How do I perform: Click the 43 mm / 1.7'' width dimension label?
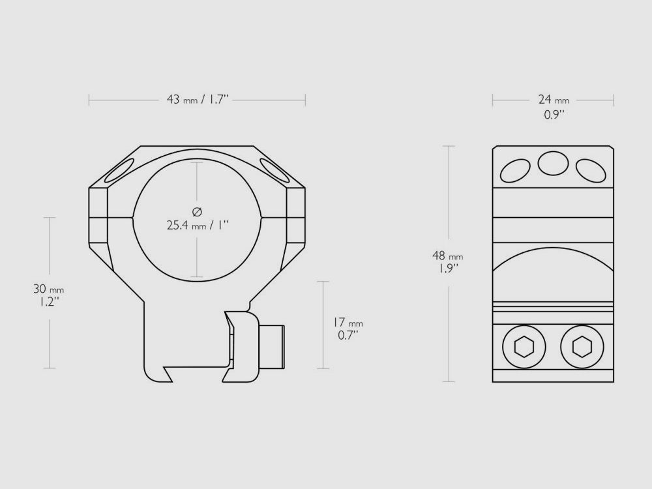click(x=198, y=100)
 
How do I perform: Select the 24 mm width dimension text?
click(x=553, y=100)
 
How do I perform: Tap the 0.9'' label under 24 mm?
click(x=554, y=115)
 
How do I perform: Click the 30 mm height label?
click(x=49, y=289)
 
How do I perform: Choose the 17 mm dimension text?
click(x=347, y=323)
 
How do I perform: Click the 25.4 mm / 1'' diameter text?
click(x=198, y=226)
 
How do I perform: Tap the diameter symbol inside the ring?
click(x=198, y=211)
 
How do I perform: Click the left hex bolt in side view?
click(x=524, y=347)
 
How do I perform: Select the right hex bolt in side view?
click(x=579, y=347)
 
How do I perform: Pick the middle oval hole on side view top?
click(x=553, y=162)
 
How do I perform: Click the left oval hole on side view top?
click(x=515, y=170)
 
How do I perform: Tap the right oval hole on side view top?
click(x=591, y=170)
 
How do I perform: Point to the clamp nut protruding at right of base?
click(x=273, y=346)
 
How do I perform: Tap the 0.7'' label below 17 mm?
click(x=347, y=336)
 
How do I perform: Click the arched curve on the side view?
click(x=553, y=250)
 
